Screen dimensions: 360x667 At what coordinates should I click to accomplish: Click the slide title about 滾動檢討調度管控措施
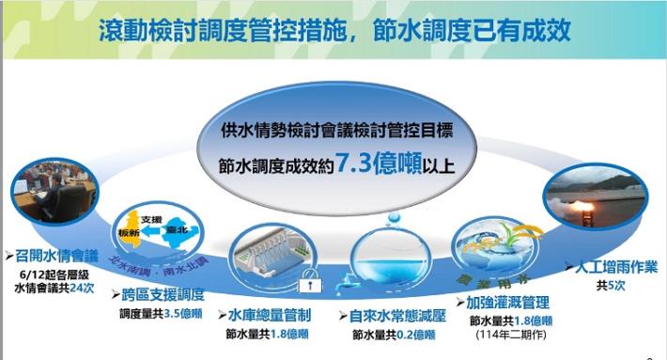(333, 30)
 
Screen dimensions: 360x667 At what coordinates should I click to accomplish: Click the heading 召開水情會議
(55, 256)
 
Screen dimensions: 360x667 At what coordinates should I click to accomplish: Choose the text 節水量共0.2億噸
(394, 335)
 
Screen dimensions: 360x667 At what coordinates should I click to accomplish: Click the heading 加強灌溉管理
(507, 303)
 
